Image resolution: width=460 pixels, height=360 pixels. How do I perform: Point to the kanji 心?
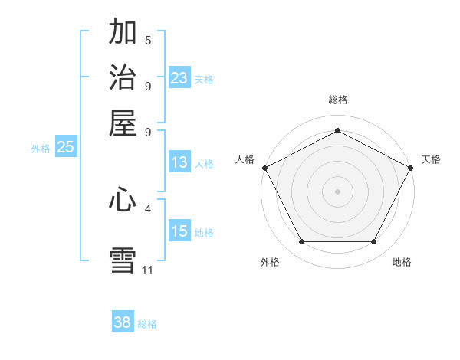tap(123, 200)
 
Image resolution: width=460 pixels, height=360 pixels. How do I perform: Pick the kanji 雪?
tap(123, 259)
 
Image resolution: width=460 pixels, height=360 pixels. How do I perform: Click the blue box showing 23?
tap(179, 78)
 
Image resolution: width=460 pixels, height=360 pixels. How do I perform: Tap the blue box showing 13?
tap(179, 162)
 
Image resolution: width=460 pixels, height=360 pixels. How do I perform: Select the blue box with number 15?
tap(179, 231)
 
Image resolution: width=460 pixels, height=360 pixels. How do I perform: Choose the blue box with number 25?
tap(65, 148)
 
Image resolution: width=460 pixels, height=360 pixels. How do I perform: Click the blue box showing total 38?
tap(123, 322)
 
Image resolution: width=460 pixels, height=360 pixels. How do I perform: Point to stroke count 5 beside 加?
tap(148, 41)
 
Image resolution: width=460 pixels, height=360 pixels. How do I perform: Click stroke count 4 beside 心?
tap(148, 208)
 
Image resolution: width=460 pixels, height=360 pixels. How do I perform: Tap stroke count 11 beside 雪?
tap(148, 270)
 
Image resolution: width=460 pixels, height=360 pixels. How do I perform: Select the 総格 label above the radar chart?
tap(337, 100)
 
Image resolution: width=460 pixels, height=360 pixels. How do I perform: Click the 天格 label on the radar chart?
tap(431, 159)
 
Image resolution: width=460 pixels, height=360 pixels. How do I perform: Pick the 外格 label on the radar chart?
tap(270, 263)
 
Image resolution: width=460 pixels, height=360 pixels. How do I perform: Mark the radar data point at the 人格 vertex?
tap(264, 167)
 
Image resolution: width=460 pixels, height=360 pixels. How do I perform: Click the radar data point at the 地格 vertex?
tap(373, 241)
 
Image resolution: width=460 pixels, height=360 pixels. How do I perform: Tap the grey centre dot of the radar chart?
tap(337, 191)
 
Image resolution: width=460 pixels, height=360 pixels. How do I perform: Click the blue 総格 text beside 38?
tap(147, 324)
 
